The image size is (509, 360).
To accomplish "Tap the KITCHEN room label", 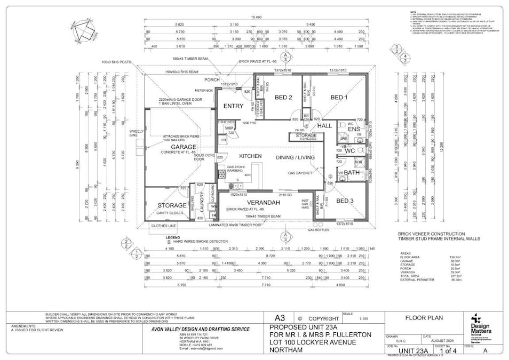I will pyautogui.click(x=250, y=155).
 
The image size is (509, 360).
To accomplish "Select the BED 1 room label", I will pyautogui.click(x=338, y=97).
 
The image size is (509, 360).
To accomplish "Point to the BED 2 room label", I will pyautogui.click(x=283, y=97).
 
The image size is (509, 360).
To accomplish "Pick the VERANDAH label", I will pyautogui.click(x=263, y=203).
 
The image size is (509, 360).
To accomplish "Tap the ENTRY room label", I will pyautogui.click(x=233, y=106).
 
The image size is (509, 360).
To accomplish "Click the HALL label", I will pyautogui.click(x=324, y=125).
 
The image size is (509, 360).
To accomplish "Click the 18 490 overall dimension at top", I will pyautogui.click(x=257, y=18).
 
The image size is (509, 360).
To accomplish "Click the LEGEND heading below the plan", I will pyautogui.click(x=173, y=237).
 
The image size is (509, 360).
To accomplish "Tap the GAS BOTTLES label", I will pyautogui.click(x=317, y=230).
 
